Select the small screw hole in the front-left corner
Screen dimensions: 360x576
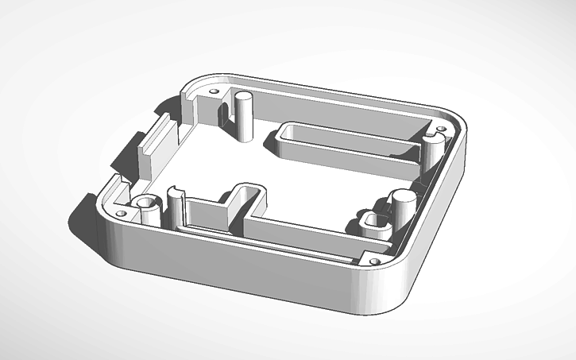[121, 214]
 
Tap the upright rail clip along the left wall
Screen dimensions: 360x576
[150, 143]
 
